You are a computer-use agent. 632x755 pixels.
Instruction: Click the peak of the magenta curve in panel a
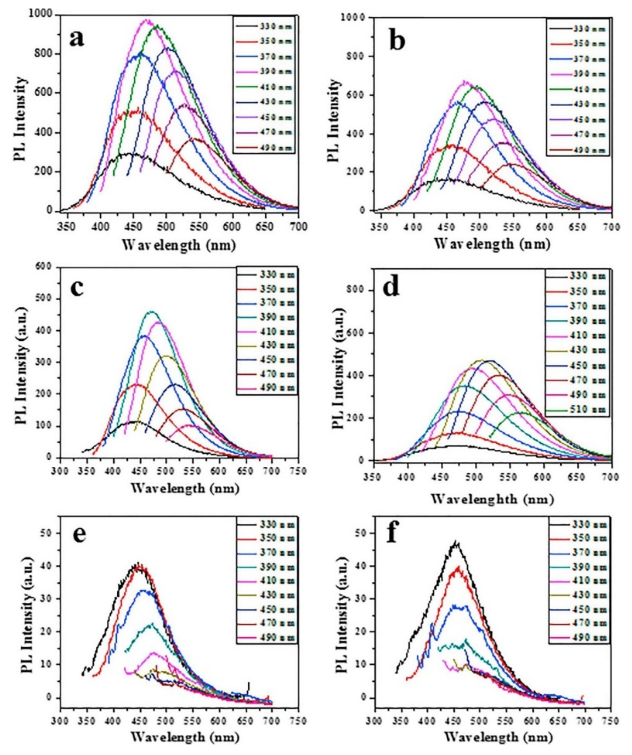pos(146,21)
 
